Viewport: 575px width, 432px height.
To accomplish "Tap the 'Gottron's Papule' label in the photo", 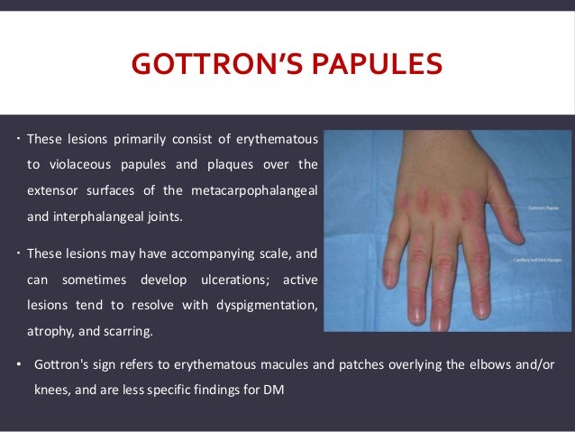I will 541,207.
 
